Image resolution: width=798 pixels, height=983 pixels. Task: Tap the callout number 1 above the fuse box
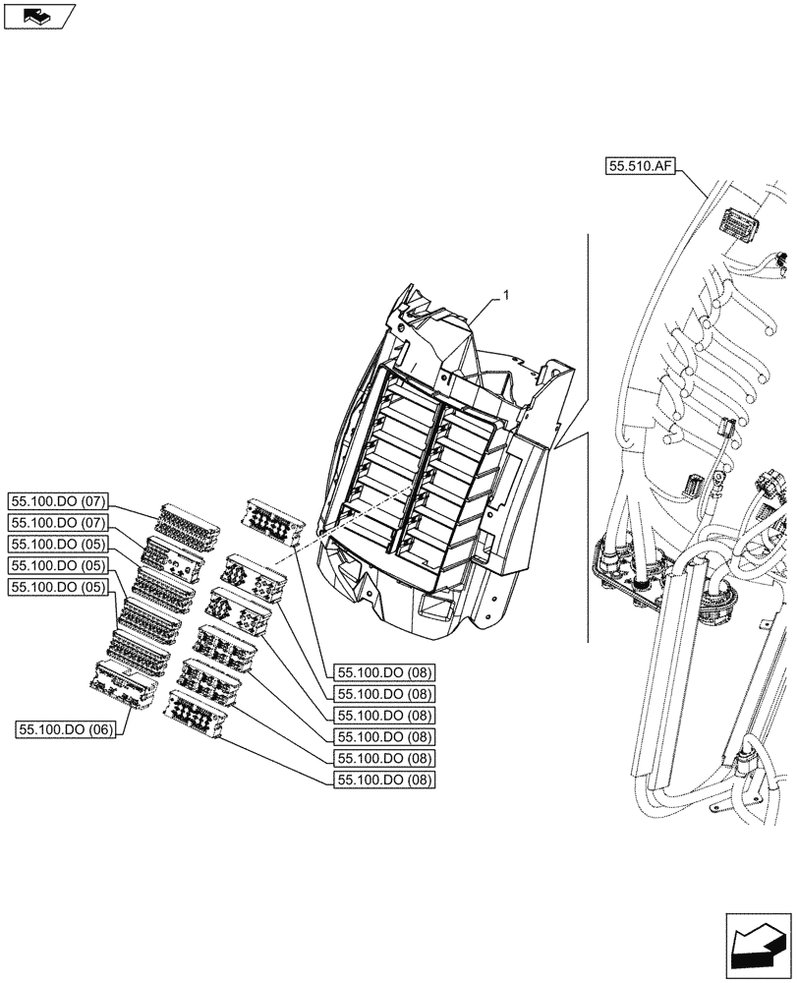click(x=508, y=295)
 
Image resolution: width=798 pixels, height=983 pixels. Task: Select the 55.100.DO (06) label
click(x=65, y=728)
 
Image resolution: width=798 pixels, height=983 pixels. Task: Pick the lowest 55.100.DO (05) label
click(x=56, y=587)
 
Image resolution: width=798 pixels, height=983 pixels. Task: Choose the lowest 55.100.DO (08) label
click(x=385, y=780)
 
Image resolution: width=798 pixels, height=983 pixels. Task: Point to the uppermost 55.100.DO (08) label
click(x=385, y=672)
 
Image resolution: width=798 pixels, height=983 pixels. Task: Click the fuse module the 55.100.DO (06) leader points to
click(x=123, y=684)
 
